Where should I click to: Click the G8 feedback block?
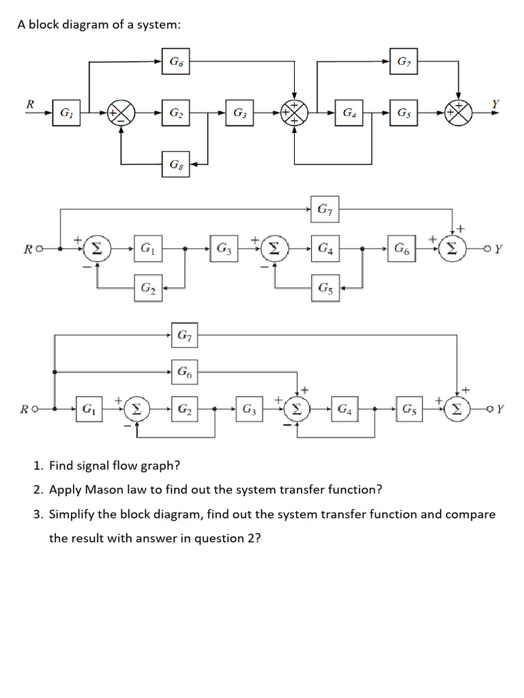pos(176,164)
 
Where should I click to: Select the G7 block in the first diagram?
pos(403,62)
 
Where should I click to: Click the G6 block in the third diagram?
pos(184,371)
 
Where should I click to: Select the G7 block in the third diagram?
pos(184,335)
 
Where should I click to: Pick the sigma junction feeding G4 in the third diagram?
pos(297,410)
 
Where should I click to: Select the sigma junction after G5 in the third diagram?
pos(458,410)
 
